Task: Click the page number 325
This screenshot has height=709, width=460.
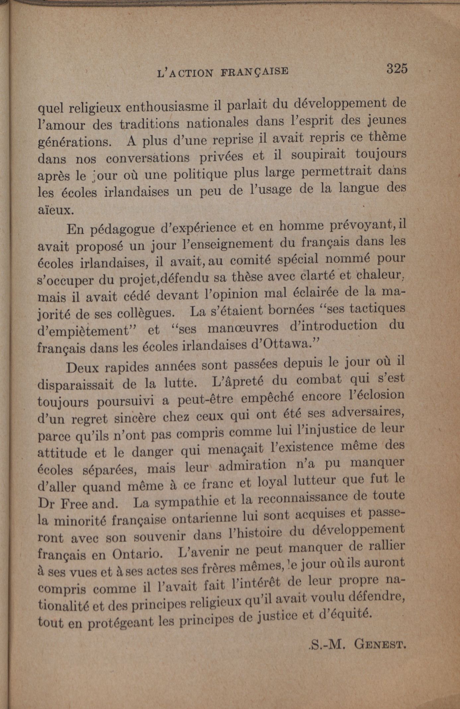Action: [x=396, y=69]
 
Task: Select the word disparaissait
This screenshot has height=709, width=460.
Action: [x=76, y=385]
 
